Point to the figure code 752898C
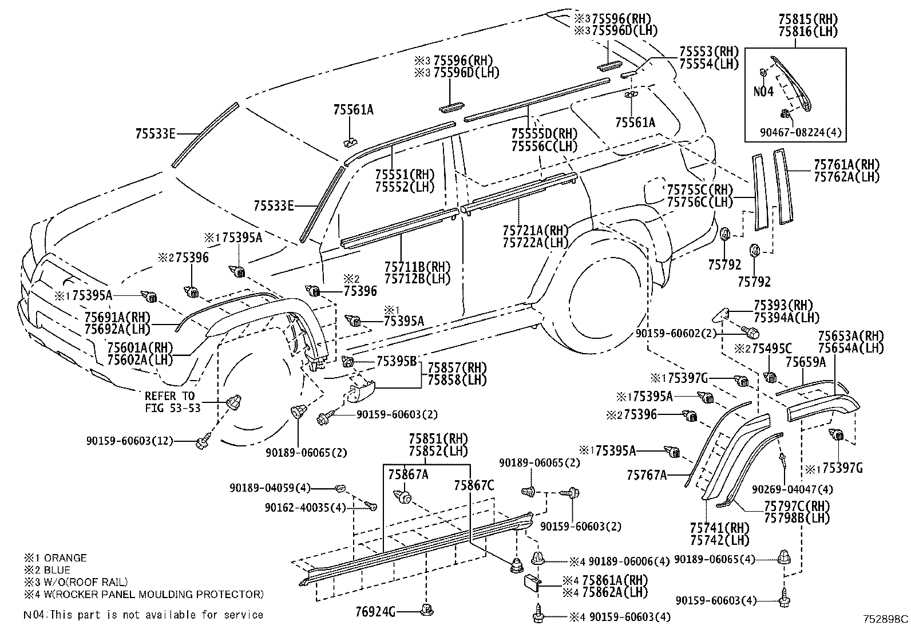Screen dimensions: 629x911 885,619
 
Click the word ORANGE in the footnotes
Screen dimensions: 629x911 65,557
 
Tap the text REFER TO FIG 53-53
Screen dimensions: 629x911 169,402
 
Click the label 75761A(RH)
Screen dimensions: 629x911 846,165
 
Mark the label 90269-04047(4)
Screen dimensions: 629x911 792,489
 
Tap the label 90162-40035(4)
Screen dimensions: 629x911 306,507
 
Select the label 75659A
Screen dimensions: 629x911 805,362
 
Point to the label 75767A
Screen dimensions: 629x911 647,474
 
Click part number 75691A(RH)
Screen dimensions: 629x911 116,317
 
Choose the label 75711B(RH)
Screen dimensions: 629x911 417,267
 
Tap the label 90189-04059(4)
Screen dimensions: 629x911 270,488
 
